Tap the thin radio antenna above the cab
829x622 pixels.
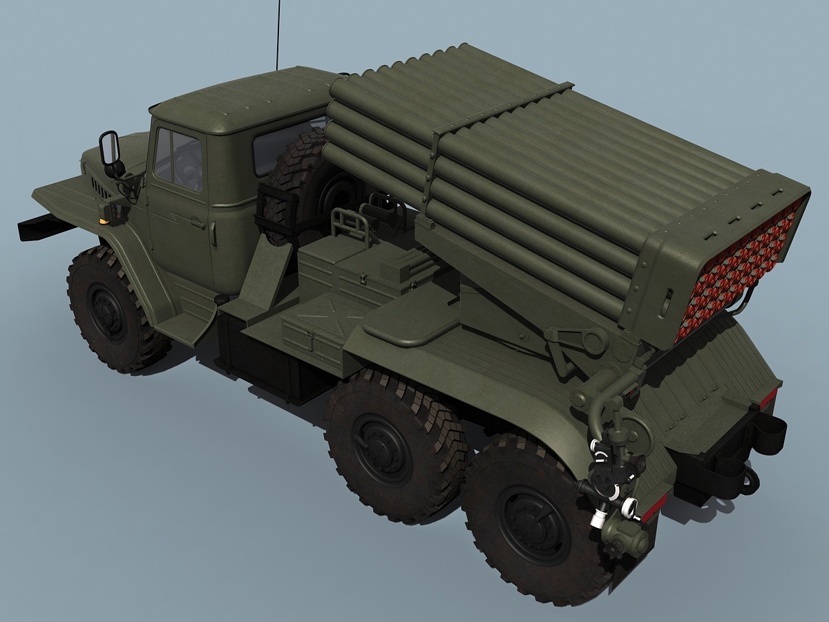pos(278,35)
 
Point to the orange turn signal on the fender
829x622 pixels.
pos(104,220)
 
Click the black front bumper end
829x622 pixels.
pos(38,227)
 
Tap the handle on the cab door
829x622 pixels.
pos(197,223)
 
